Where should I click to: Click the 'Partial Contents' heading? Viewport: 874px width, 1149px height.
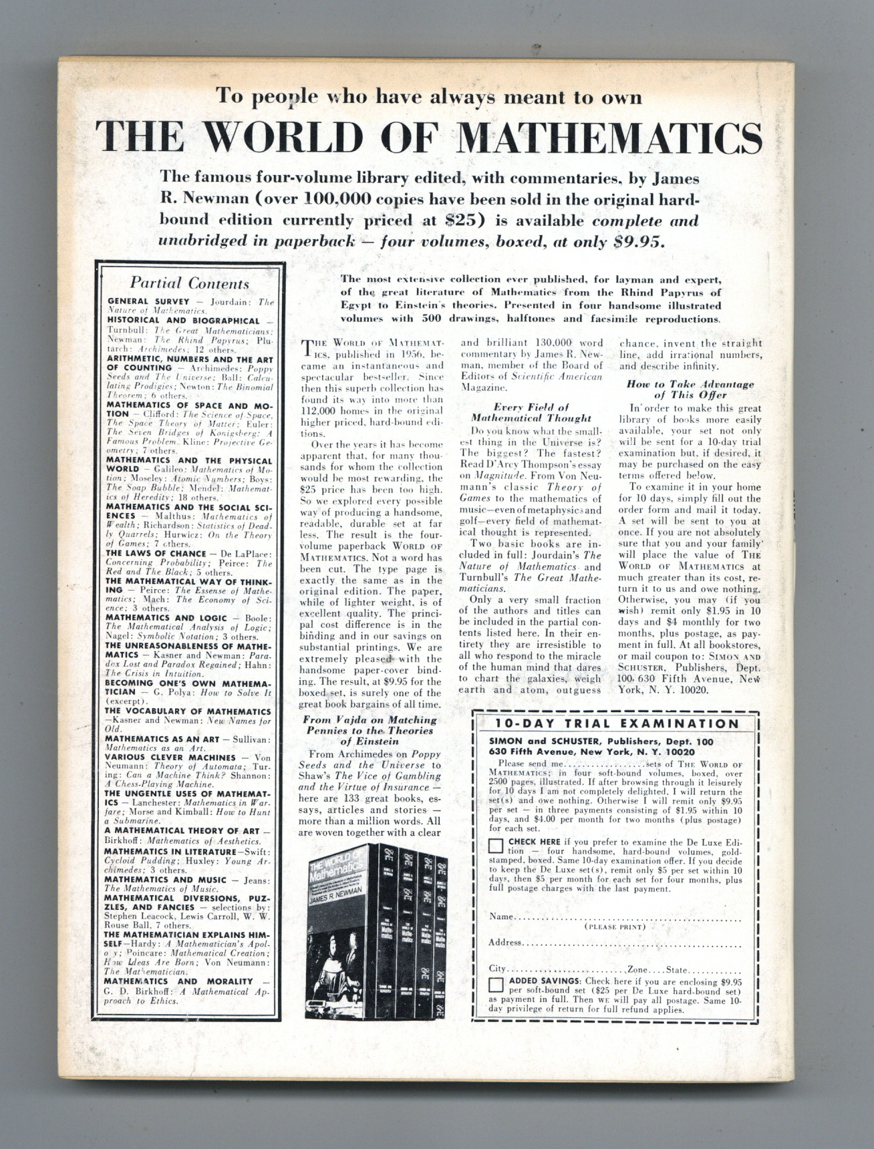(x=189, y=283)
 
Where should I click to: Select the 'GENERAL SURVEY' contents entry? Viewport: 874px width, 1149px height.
(x=139, y=301)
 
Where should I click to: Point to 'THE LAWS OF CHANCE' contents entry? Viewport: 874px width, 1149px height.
(x=155, y=553)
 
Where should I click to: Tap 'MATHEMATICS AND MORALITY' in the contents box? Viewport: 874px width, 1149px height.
(x=178, y=981)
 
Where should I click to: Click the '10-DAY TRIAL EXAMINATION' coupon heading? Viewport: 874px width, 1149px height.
(x=617, y=723)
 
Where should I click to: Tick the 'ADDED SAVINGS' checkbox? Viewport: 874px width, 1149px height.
(x=496, y=985)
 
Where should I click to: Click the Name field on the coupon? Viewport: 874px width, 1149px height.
(x=628, y=917)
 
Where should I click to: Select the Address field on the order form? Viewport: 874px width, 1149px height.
(x=631, y=943)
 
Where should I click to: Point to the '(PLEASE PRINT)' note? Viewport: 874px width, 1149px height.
(x=615, y=927)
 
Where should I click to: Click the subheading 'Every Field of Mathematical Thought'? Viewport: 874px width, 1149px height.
(x=531, y=412)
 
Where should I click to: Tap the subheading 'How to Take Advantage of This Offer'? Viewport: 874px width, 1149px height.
(x=690, y=389)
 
